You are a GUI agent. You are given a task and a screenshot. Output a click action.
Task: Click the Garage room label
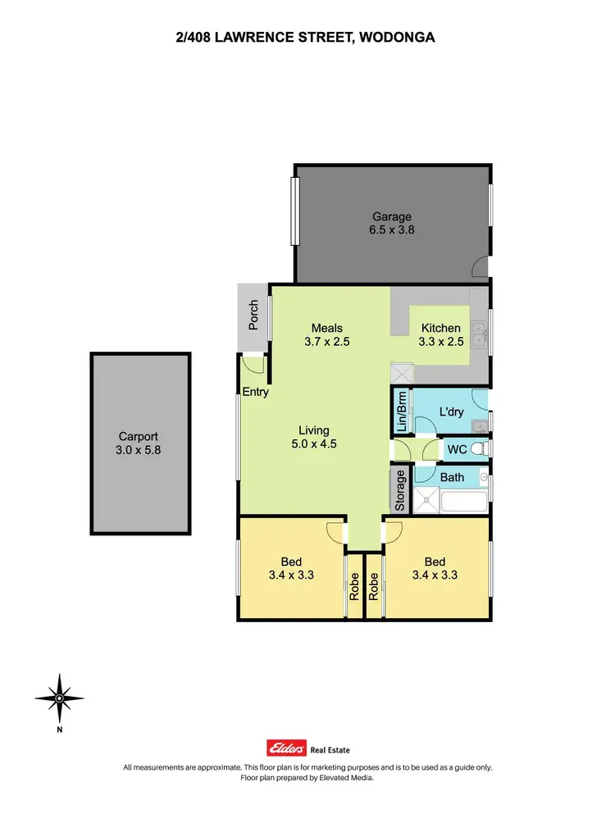(392, 216)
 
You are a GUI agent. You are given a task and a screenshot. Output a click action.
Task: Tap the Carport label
(138, 437)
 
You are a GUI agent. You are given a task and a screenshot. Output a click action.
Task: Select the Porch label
(253, 316)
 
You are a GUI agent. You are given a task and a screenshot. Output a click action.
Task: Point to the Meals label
(326, 329)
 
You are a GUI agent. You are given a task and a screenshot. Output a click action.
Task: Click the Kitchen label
(440, 329)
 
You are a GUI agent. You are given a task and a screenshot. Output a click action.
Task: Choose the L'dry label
(451, 411)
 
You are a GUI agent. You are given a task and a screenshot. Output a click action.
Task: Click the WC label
(456, 449)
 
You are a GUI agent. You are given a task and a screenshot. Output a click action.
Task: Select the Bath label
(452, 477)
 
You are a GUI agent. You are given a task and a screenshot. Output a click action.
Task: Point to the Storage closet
(400, 490)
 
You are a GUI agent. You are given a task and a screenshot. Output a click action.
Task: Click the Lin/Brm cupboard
(401, 411)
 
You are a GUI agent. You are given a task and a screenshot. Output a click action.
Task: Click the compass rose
(60, 698)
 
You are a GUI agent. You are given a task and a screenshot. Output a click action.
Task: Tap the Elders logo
(287, 748)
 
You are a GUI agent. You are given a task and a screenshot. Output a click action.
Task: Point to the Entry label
(256, 392)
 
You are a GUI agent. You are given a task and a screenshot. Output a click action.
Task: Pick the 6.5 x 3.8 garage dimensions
(392, 230)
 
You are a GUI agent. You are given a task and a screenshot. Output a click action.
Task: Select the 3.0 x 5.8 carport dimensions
(138, 450)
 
